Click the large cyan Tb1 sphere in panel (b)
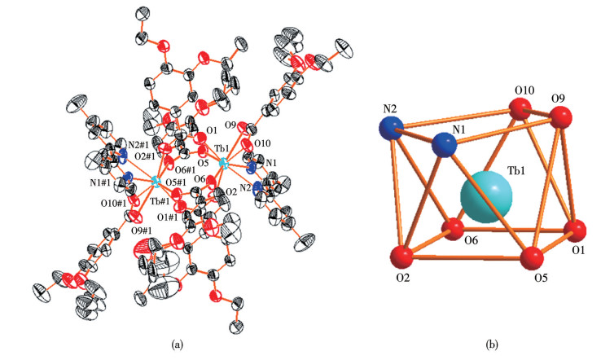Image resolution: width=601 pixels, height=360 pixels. click(x=487, y=196)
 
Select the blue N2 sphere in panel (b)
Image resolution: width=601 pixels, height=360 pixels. click(x=392, y=128)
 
